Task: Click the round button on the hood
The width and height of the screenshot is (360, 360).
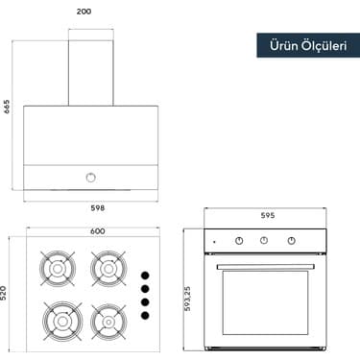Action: pos(91,176)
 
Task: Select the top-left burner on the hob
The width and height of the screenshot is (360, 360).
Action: pos(58,268)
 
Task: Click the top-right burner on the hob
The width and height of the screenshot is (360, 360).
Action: pos(107,268)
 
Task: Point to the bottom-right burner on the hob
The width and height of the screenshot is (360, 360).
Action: pos(107,318)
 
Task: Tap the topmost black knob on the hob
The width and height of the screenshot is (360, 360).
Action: pos(145,271)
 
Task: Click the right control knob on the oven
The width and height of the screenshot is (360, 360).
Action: pos(290,242)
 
